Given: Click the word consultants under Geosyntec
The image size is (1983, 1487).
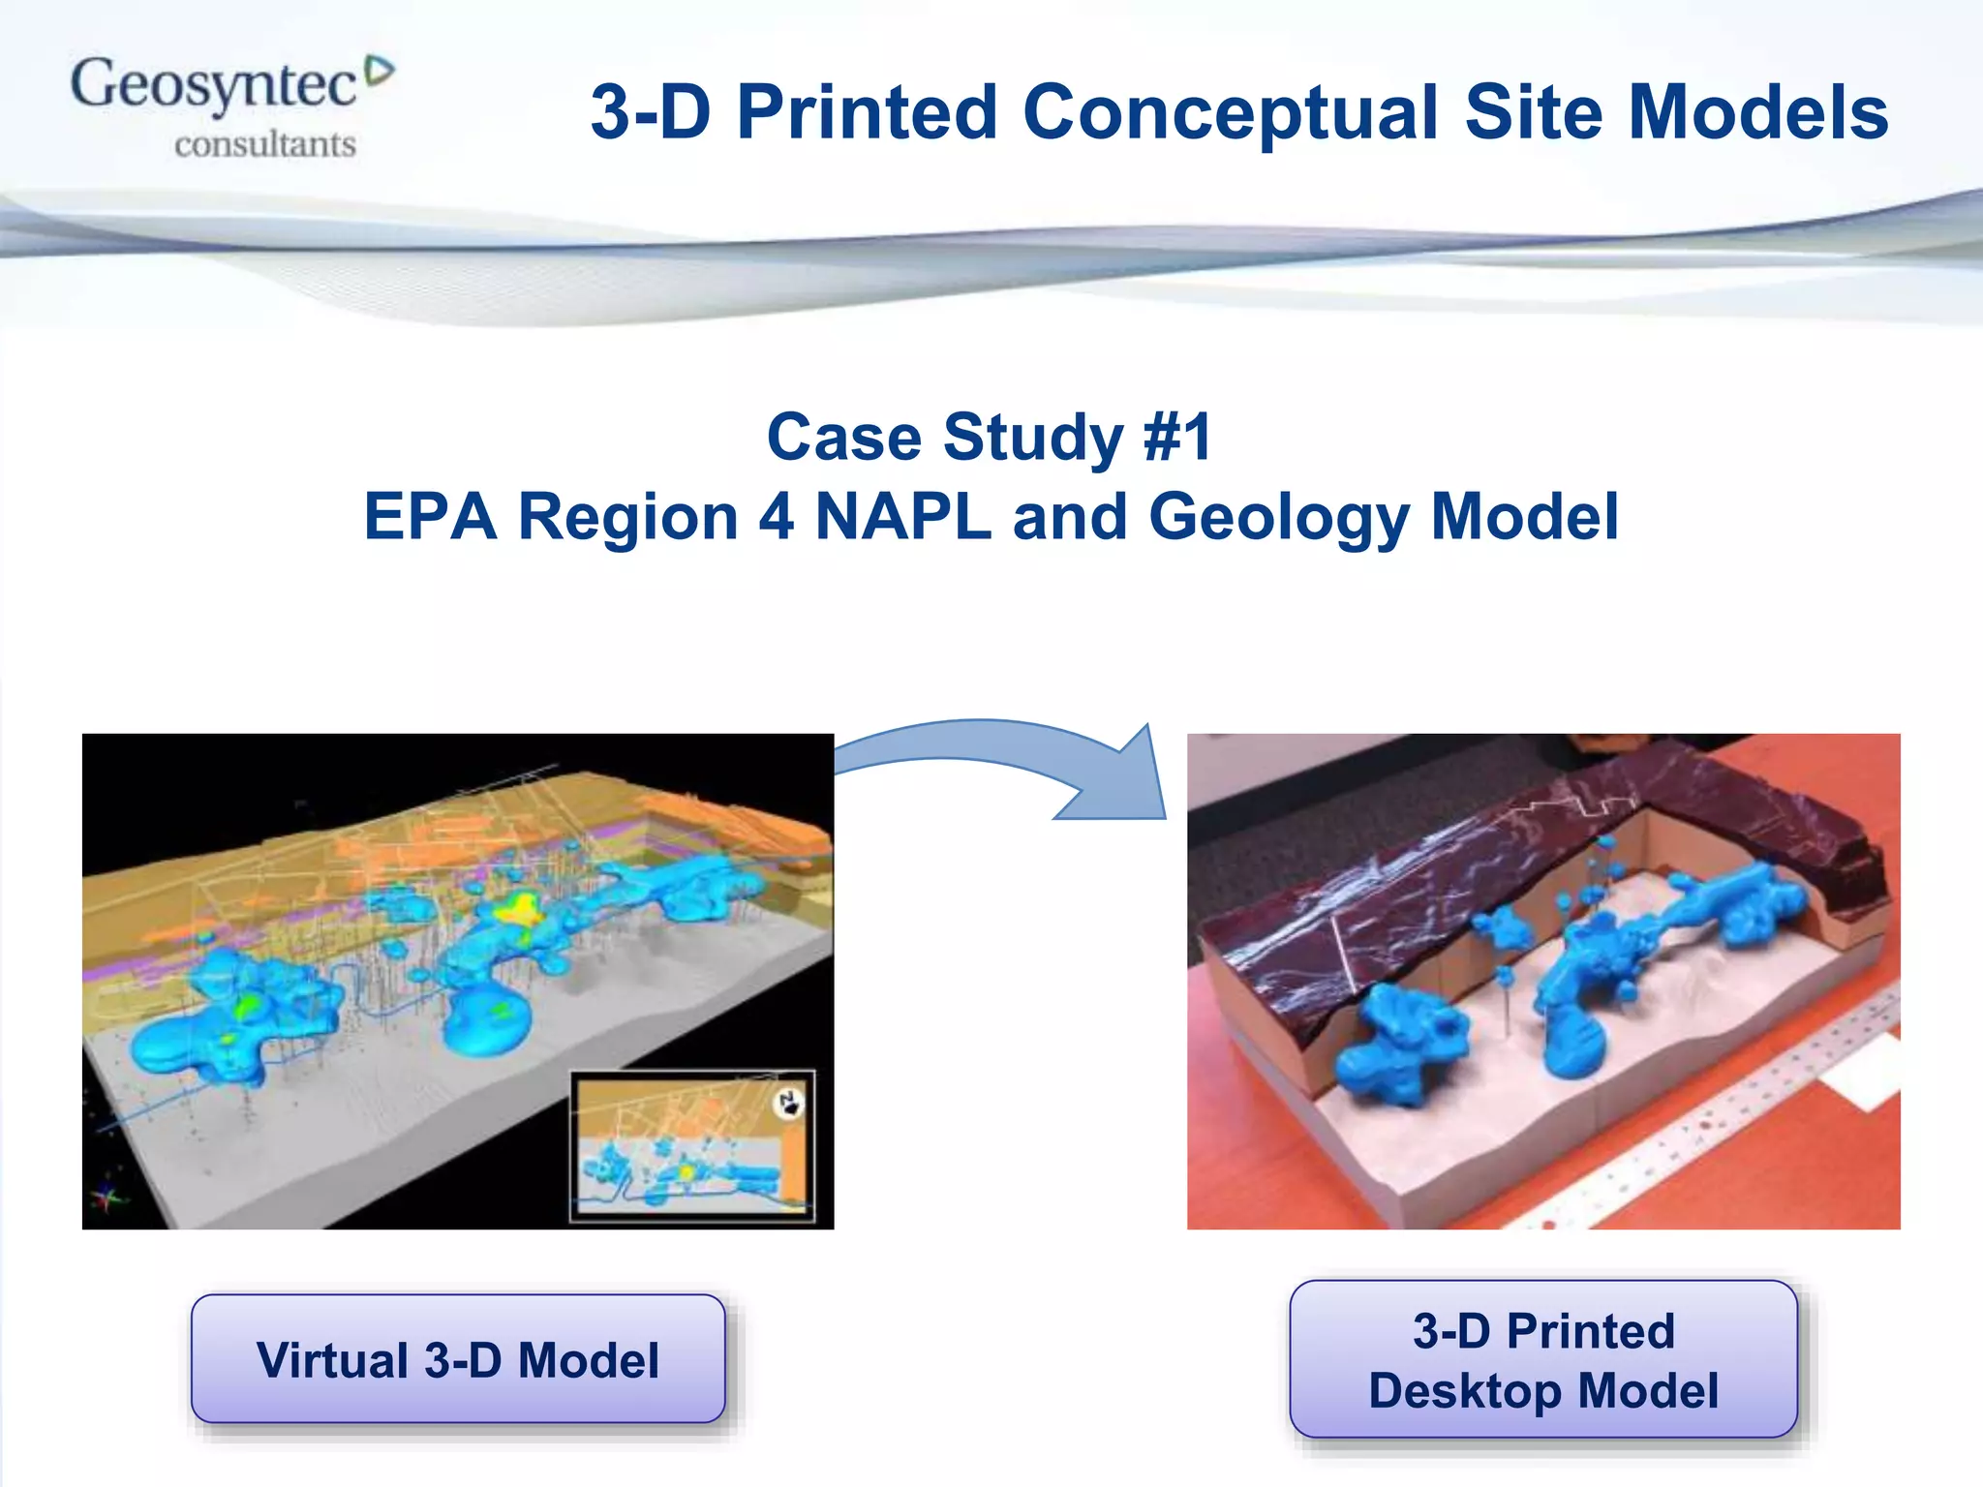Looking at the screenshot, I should pyautogui.click(x=265, y=145).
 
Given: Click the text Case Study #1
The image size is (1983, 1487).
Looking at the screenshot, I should pyautogui.click(x=989, y=438).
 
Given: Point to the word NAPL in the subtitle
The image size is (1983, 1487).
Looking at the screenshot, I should pyautogui.click(x=903, y=516).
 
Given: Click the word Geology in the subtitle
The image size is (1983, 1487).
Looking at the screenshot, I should pyautogui.click(x=1279, y=518).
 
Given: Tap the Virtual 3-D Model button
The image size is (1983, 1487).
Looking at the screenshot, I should pyautogui.click(x=458, y=1358).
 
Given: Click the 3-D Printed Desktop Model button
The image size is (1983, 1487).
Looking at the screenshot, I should pyautogui.click(x=1543, y=1359).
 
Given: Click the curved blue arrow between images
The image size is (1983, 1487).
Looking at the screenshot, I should pyautogui.click(x=1026, y=765).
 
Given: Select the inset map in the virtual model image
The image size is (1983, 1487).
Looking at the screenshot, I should pyautogui.click(x=692, y=1146).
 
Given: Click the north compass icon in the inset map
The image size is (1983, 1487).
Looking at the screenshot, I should pyautogui.click(x=790, y=1103).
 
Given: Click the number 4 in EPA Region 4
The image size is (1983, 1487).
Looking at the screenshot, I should pyautogui.click(x=776, y=516).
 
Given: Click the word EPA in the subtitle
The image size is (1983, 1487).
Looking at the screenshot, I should pyautogui.click(x=430, y=516).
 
